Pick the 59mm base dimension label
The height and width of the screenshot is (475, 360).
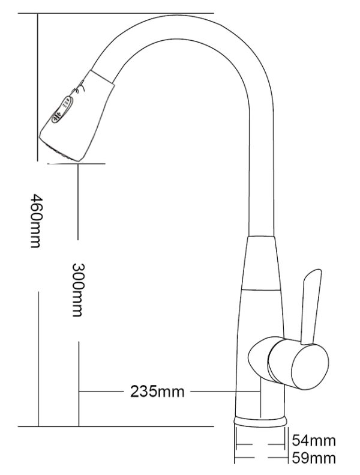313,459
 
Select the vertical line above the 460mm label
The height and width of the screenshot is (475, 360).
38,90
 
